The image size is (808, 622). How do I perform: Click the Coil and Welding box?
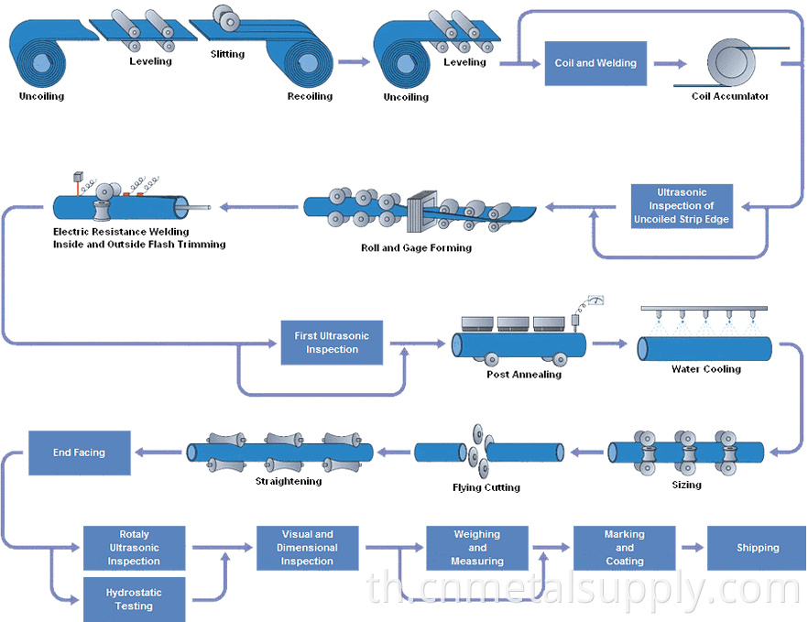[x=596, y=63]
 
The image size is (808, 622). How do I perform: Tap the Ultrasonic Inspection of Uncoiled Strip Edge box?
[x=682, y=206]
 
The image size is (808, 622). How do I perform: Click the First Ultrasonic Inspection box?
[x=332, y=343]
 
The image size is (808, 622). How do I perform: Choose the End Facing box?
[x=79, y=453]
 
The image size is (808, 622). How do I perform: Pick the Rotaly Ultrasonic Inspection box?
[x=134, y=548]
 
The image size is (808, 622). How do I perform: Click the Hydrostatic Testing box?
[x=134, y=599]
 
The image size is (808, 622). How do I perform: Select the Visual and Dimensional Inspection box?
[x=307, y=548]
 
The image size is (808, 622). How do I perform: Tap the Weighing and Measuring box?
[x=477, y=548]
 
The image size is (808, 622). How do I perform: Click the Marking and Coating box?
[x=624, y=548]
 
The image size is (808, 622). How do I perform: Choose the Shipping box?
[x=758, y=548]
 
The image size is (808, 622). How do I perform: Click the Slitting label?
[x=227, y=54]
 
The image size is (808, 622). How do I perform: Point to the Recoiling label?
[x=310, y=96]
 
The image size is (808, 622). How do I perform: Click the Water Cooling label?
[x=705, y=369]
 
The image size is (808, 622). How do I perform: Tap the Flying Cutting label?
[x=486, y=487]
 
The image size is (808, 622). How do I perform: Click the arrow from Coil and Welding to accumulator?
[x=670, y=63]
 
